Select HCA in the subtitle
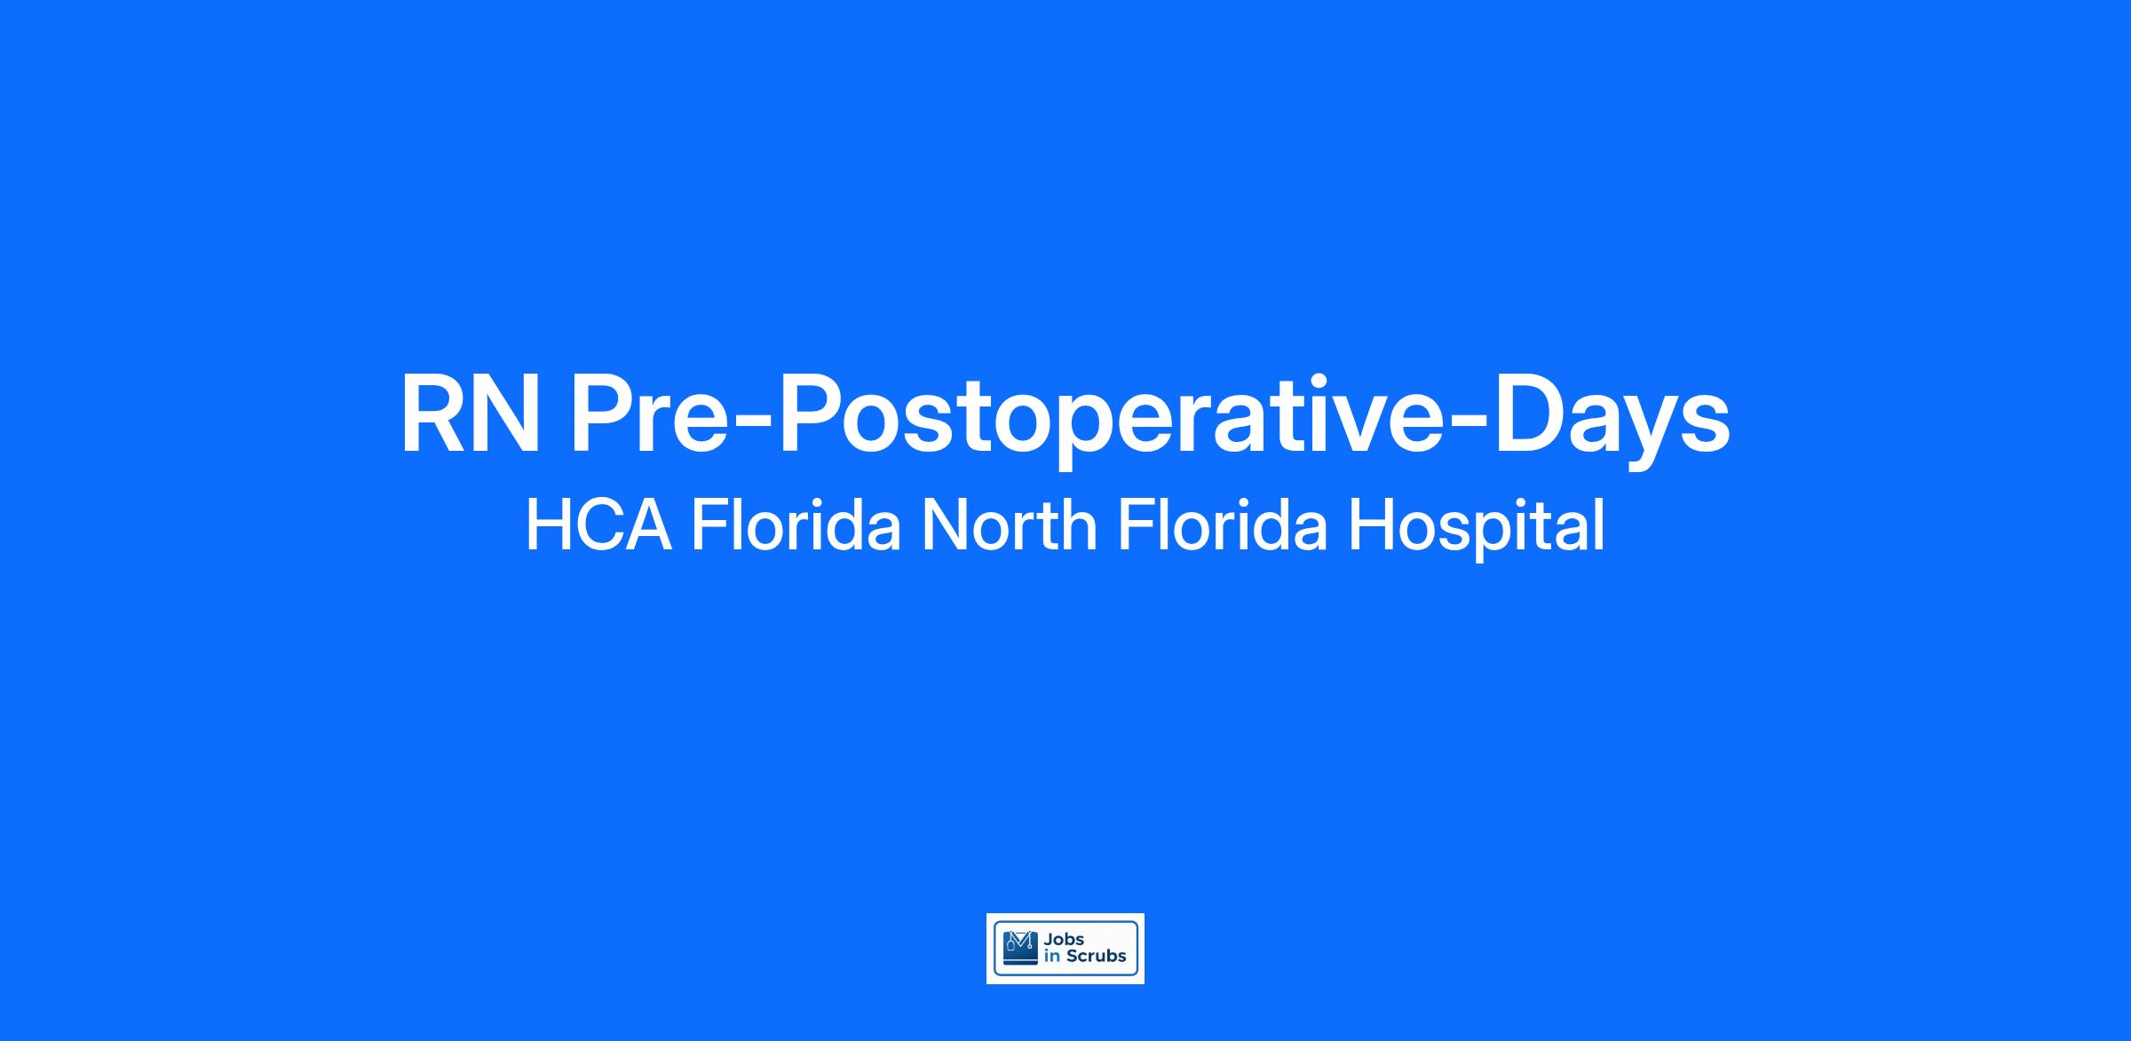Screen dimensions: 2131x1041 598,524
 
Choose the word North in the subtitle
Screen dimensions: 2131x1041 1010,524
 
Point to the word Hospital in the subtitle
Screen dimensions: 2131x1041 1477,528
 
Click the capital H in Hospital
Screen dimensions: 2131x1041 1368,524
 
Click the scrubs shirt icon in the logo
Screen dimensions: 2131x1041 1019,948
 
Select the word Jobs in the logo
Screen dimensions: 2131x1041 1065,940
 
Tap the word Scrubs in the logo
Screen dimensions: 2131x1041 1096,957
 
